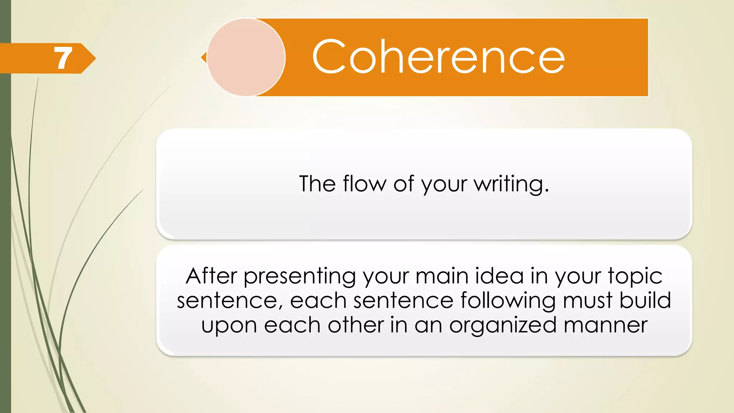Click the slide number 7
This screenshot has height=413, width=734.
[63, 58]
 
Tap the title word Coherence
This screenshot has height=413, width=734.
[438, 57]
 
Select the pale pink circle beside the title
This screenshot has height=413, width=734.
[246, 57]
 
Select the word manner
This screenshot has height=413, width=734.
[605, 325]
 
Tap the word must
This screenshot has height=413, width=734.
[587, 300]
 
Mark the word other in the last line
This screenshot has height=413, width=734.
[356, 325]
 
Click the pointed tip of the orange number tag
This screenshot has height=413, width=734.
[95, 58]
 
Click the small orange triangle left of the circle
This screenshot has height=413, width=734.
[204, 57]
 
